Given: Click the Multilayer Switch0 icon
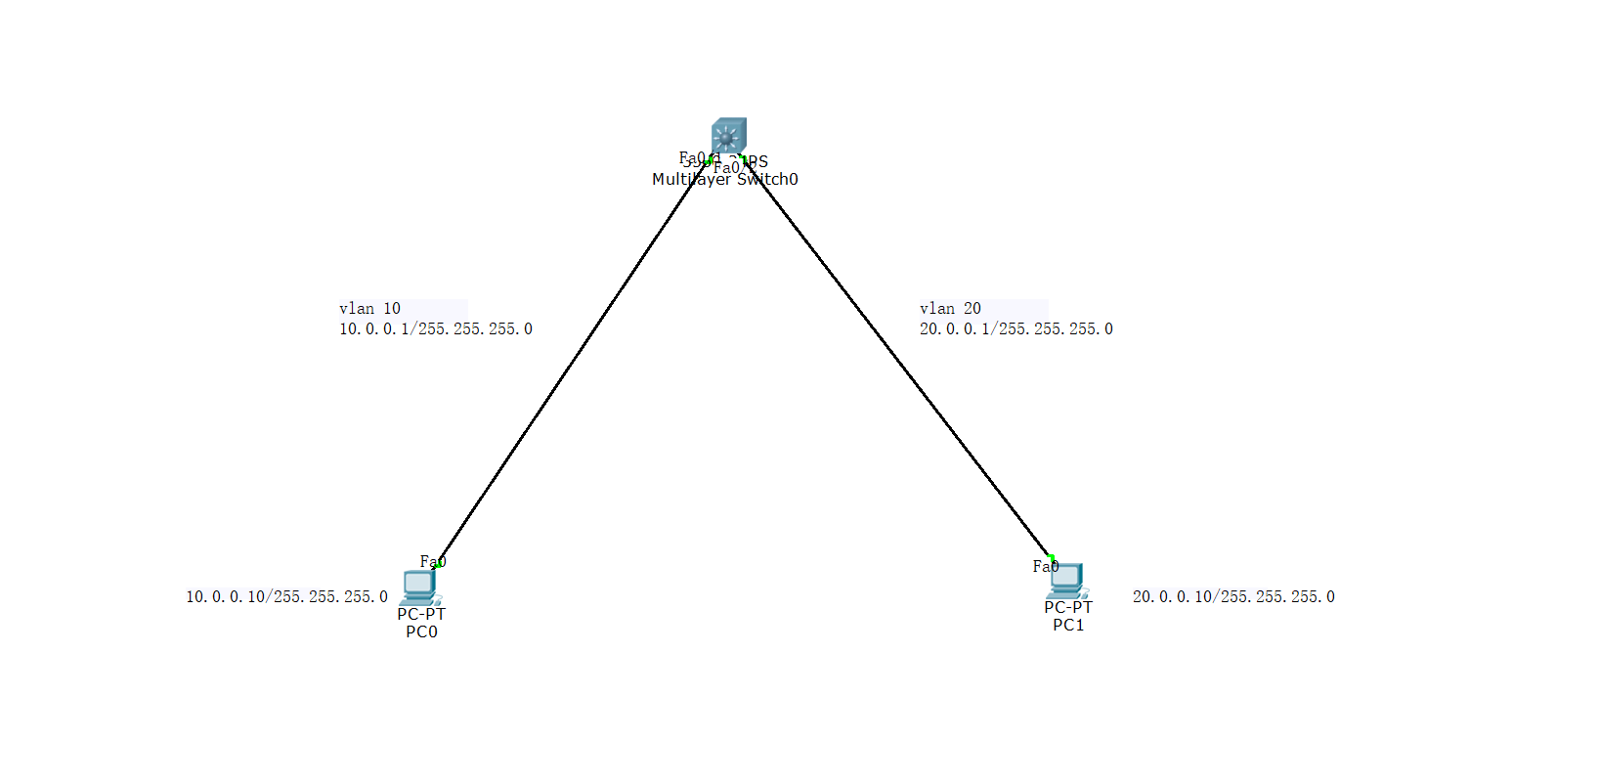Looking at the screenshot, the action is pos(728,135).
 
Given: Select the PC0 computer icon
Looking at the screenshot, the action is pos(420,586).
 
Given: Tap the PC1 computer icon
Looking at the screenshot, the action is pos(1066,580).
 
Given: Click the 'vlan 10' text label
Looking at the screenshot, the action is pos(369,309).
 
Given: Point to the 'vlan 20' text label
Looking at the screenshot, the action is pos(950,309).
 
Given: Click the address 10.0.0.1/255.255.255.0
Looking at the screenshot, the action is pos(436,329).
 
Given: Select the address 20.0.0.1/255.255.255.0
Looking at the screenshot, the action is pos(1016,329).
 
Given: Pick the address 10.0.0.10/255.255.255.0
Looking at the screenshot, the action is pos(286,596).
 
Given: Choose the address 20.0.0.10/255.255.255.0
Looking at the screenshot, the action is pos(1233,596).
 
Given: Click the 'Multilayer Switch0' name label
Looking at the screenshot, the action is pos(725,180).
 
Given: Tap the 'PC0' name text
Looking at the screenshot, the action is pos(421,632).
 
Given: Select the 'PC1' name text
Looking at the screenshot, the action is pos(1068,626).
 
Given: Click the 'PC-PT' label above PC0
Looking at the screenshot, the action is pos(421,615).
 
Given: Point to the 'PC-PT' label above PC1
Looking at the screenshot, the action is pos(1068,608).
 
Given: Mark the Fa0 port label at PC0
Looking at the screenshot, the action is pos(432,561).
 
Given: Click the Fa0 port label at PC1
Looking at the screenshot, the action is pos(1045,567).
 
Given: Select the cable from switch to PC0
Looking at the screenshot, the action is pos(572,362).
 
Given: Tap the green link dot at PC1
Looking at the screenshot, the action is pos(1052,557).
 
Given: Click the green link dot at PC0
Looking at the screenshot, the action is pos(439,564).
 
